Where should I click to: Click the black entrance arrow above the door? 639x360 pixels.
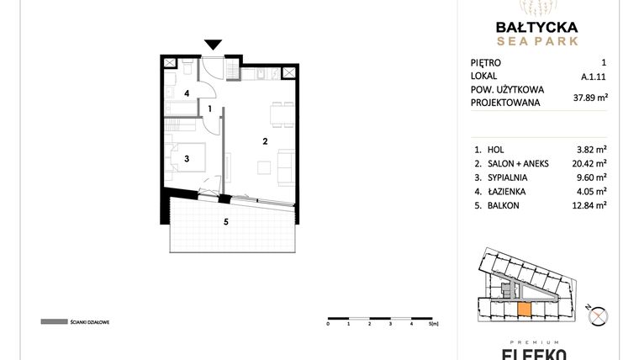tap(214, 45)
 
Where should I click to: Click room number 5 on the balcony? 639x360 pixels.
tap(224, 222)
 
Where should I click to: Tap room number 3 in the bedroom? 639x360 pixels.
tap(188, 157)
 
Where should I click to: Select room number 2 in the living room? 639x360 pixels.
tap(264, 140)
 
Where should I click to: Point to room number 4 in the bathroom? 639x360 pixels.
tap(187, 93)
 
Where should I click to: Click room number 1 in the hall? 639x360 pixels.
tap(210, 109)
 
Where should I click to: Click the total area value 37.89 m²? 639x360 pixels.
tap(589, 97)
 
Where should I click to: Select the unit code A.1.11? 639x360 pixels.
tap(594, 76)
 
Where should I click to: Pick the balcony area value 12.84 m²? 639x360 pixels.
tap(589, 204)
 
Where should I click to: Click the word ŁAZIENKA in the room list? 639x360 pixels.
tap(510, 192)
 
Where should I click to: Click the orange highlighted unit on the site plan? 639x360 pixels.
tap(523, 310)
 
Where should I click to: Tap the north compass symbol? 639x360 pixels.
tap(599, 316)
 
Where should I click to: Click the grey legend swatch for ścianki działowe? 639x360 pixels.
tap(53, 322)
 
